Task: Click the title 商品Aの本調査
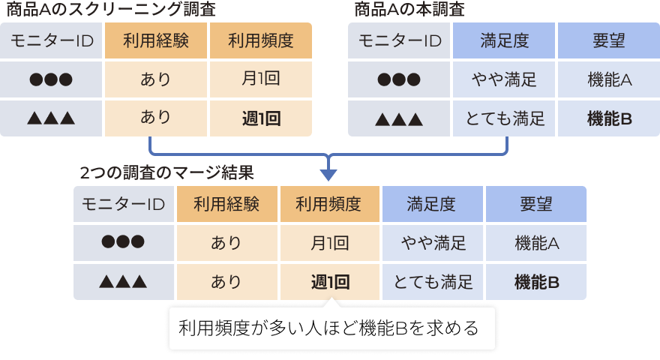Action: [x=409, y=10]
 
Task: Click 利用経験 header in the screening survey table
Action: [x=155, y=40]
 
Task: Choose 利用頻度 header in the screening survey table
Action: [x=260, y=40]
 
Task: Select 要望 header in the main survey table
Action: [x=608, y=40]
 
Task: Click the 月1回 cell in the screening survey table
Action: [x=260, y=79]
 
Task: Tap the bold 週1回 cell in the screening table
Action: [x=260, y=118]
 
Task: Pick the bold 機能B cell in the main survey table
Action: [x=608, y=118]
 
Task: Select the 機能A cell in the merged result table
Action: [x=536, y=243]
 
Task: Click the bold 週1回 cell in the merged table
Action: [x=330, y=282]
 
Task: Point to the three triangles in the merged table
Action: [x=124, y=282]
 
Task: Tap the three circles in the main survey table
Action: [x=399, y=79]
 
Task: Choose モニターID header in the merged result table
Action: [x=124, y=204]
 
